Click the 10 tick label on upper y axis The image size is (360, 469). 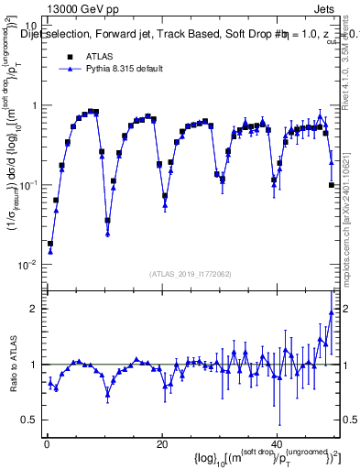27,26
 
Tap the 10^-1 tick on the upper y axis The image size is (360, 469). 27,185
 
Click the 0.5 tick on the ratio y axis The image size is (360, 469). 27,420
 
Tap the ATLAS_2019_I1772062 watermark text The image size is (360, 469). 190,275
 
